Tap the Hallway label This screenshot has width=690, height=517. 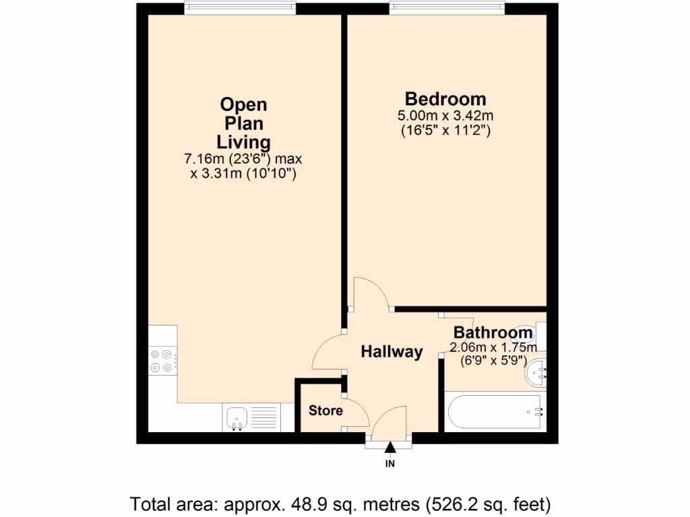(x=391, y=351)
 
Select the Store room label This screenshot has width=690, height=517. (x=325, y=411)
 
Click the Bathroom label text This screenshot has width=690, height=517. (x=493, y=333)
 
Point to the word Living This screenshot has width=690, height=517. (x=243, y=142)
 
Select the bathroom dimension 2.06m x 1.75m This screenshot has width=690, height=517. (x=493, y=348)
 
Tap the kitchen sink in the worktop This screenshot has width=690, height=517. (x=237, y=418)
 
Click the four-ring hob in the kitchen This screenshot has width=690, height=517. (x=161, y=360)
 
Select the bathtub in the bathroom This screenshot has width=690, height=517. (x=495, y=412)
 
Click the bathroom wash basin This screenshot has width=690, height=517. (x=537, y=372)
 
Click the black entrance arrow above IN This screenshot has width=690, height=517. (x=390, y=448)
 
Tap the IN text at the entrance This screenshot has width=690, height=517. (x=390, y=464)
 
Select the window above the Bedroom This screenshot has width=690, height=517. (x=446, y=8)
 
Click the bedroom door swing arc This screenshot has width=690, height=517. (x=371, y=291)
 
